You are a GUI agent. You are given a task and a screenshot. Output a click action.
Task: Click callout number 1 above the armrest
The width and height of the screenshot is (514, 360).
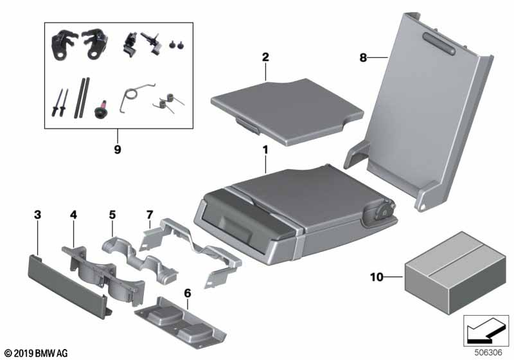coord(265,150)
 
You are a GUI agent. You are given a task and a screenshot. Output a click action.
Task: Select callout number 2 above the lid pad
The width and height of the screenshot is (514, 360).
coord(265,57)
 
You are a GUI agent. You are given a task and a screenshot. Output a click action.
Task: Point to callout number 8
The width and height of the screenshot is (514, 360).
coord(364,57)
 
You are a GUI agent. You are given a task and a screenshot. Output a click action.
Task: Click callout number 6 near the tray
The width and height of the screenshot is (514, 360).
coord(188,292)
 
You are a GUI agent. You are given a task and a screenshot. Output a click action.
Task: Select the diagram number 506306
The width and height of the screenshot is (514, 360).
coord(492,352)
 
